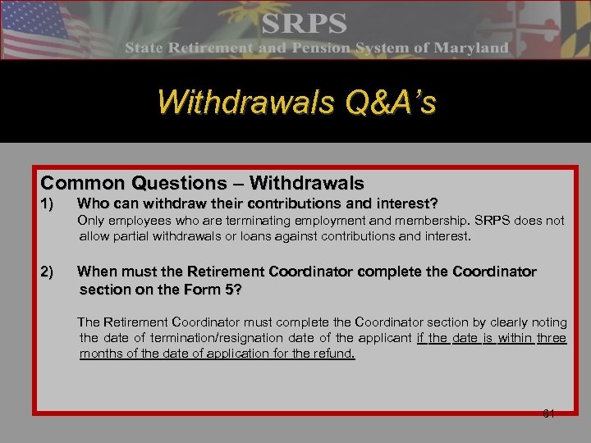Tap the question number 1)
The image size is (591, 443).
[x=50, y=203]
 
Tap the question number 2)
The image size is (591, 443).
[x=50, y=272]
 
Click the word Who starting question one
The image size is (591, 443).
[x=94, y=203]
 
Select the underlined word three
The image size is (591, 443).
[x=552, y=338]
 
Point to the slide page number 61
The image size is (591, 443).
[x=549, y=413]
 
